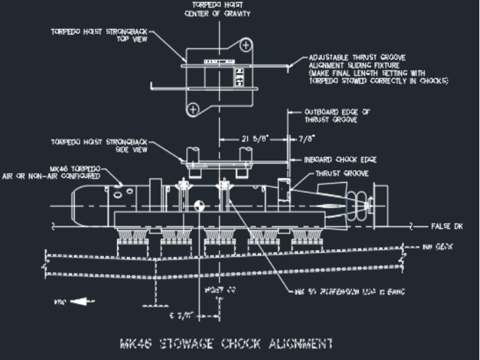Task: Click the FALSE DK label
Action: [445, 226]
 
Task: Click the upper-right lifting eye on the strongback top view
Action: [247, 45]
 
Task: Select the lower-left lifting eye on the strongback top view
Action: [193, 107]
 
